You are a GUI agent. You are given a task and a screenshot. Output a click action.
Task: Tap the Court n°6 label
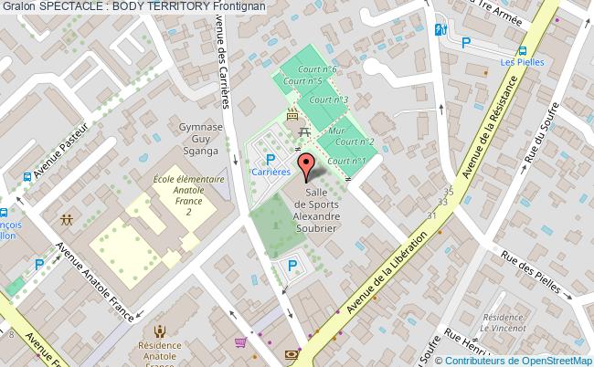click(324, 69)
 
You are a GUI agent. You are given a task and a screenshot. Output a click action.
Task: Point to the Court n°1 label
click(347, 161)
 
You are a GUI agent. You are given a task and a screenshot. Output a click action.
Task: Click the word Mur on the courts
click(336, 131)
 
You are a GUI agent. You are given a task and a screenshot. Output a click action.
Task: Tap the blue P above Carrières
click(270, 158)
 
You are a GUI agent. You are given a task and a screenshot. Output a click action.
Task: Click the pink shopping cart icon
click(240, 342)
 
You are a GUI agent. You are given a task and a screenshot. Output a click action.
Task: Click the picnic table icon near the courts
click(302, 133)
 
